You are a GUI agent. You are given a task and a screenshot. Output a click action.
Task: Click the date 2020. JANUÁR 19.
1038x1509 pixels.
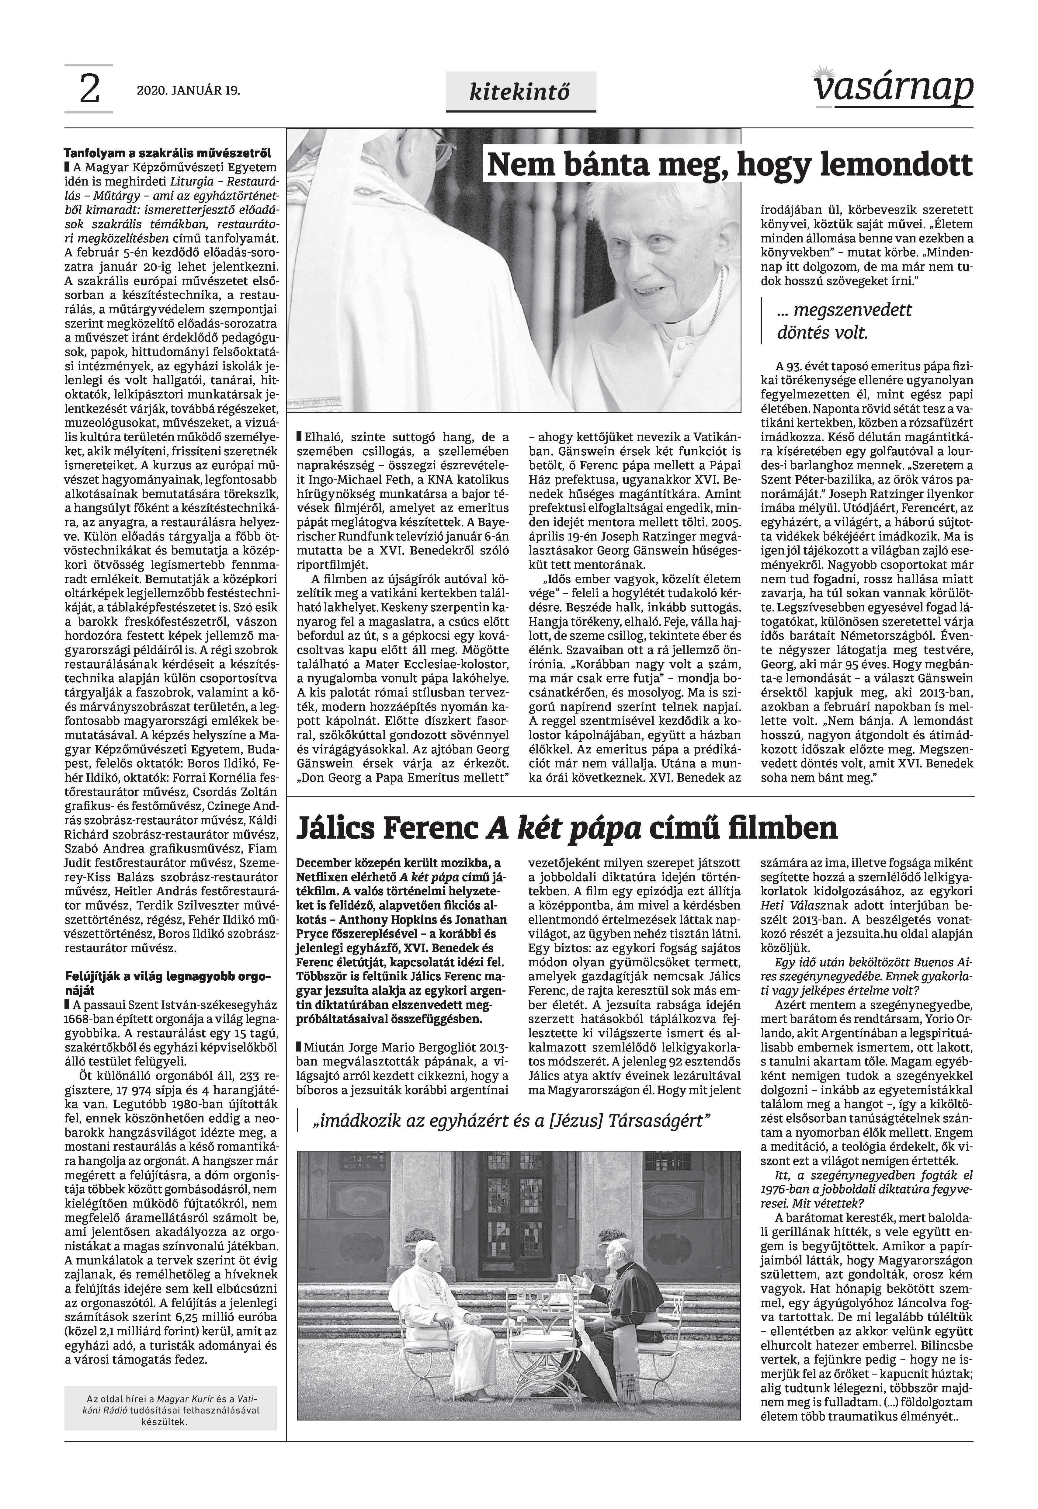[188, 91]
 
